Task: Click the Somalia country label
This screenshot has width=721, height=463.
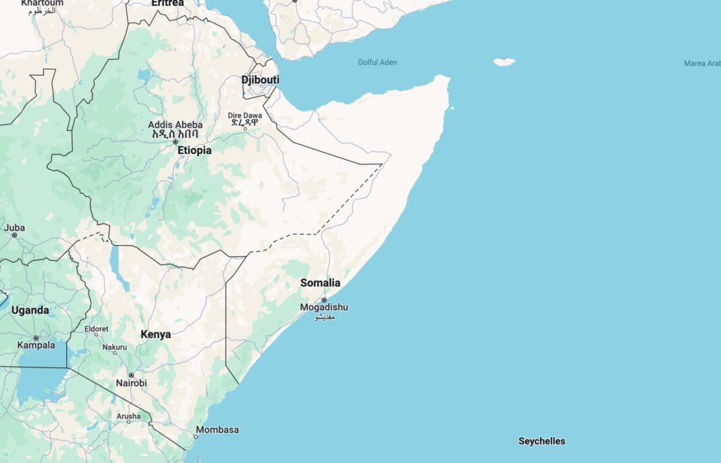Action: [320, 283]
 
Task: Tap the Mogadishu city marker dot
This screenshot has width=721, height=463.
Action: [324, 300]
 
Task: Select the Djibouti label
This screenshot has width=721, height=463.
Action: [260, 80]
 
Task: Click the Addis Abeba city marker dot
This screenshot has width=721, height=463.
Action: [176, 142]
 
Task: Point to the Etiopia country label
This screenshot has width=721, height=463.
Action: [194, 151]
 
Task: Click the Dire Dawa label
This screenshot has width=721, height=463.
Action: [244, 116]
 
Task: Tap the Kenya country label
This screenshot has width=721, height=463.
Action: [155, 335]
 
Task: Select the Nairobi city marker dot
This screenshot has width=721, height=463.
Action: [131, 375]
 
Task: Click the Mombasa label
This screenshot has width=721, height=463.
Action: [217, 430]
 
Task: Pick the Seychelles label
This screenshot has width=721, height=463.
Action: [541, 441]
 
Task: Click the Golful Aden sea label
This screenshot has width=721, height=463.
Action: [377, 63]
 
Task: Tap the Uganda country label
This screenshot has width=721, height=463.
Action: [30, 311]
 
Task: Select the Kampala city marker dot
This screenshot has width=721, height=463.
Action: [36, 338]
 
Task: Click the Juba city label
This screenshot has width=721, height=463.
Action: [14, 228]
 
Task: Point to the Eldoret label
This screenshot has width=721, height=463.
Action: [97, 329]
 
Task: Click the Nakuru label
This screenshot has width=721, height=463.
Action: [114, 347]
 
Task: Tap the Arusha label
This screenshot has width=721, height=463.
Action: [128, 416]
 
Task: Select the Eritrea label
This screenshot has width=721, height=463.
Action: [167, 3]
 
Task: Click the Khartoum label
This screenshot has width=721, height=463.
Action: [42, 3]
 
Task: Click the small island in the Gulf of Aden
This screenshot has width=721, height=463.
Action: [504, 62]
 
